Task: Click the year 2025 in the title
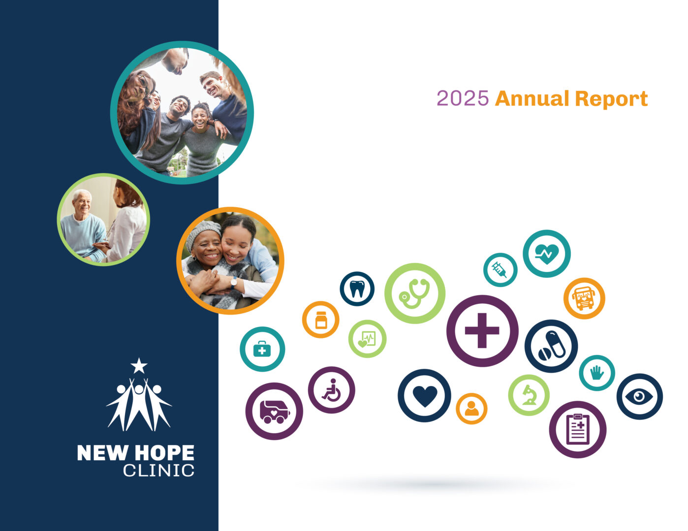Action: (x=463, y=98)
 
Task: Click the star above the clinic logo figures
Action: (x=139, y=366)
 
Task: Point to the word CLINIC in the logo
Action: (x=158, y=471)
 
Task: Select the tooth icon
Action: (x=357, y=289)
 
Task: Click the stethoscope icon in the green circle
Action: (x=414, y=294)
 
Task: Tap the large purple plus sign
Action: (x=482, y=331)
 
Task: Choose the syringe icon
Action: (x=500, y=270)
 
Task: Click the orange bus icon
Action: (x=583, y=298)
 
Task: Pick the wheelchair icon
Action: (x=331, y=390)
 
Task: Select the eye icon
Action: (x=639, y=397)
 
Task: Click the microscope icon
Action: (x=529, y=395)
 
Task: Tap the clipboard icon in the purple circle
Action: (x=578, y=429)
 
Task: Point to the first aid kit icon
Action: (x=262, y=349)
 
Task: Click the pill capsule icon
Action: (x=552, y=346)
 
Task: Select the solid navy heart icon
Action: (x=425, y=396)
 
